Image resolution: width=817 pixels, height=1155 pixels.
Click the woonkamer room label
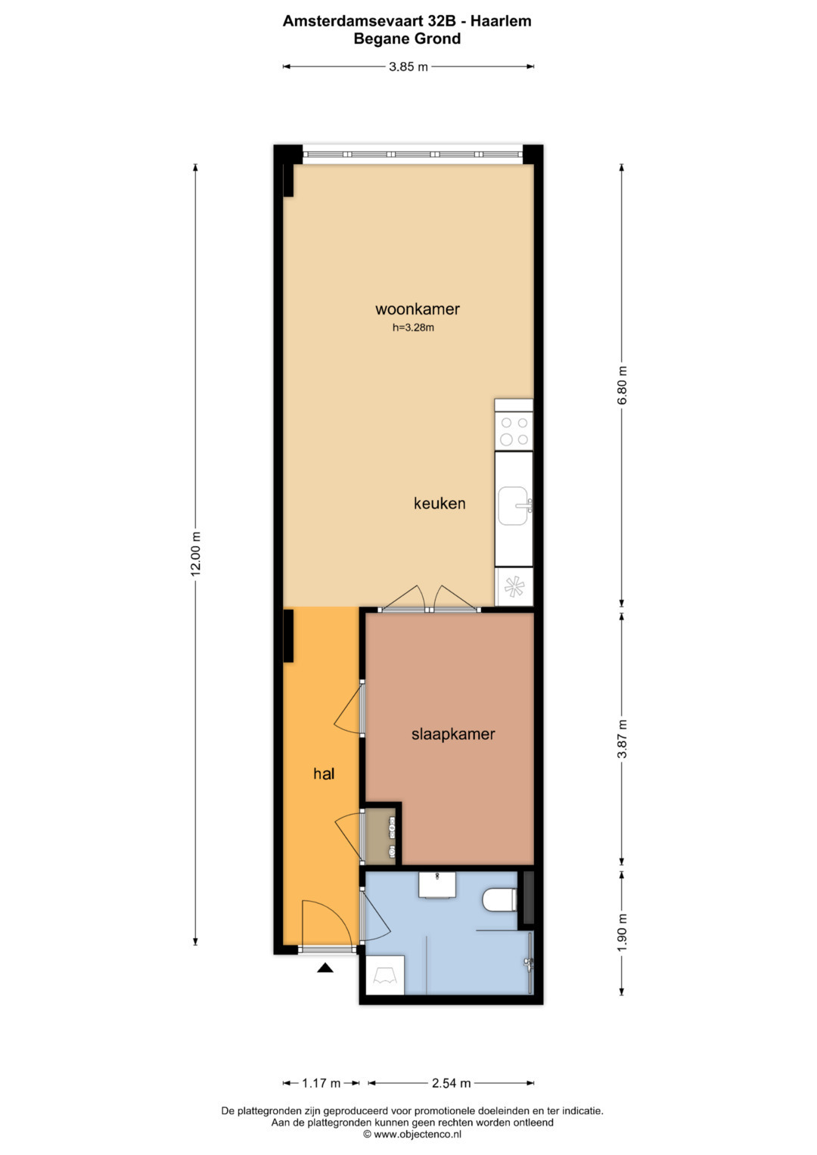(418, 309)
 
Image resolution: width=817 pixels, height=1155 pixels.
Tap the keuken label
(440, 503)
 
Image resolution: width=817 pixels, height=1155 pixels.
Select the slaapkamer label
(453, 734)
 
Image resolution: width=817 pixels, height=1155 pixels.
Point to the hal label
(324, 774)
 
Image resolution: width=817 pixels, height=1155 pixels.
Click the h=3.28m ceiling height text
(413, 328)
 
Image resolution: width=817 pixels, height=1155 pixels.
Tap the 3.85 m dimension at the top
(408, 67)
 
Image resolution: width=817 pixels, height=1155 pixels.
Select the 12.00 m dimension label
(195, 553)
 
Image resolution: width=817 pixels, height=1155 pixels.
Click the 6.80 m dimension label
(622, 386)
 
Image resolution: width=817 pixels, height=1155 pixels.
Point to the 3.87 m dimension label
(622, 739)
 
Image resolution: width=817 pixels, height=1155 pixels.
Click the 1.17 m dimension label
(321, 1083)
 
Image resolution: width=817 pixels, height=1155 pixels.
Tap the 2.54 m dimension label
(452, 1083)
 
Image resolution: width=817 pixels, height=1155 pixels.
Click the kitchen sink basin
(514, 506)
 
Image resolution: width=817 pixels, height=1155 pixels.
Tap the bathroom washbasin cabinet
(437, 885)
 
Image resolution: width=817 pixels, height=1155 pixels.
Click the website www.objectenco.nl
(412, 1135)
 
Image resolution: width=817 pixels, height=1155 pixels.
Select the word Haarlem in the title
(500, 21)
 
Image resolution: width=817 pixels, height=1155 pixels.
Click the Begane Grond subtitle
(407, 39)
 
